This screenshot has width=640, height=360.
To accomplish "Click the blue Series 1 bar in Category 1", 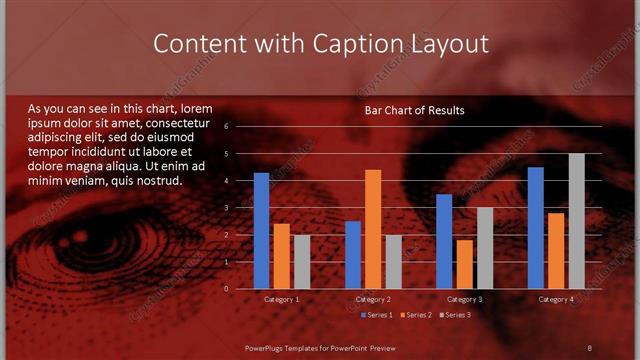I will [x=261, y=231].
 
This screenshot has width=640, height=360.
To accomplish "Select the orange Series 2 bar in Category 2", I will [x=373, y=229].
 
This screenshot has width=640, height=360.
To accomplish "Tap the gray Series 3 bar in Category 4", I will [x=577, y=221].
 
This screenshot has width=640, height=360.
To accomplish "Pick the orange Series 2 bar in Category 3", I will [x=465, y=264].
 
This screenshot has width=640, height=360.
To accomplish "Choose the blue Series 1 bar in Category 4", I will [x=536, y=228].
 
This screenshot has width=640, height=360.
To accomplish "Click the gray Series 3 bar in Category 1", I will [x=302, y=262].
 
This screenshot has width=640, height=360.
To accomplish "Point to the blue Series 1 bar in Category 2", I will [x=353, y=255].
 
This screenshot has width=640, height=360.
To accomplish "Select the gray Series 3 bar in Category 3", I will [x=485, y=248].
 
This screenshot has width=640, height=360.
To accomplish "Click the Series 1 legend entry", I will [x=376, y=315].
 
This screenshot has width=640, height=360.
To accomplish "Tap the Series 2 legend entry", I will [x=414, y=315].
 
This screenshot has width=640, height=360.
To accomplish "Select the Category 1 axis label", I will [x=281, y=299].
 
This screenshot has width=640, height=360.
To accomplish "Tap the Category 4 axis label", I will [x=556, y=299].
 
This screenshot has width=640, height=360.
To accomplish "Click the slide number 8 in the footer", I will [x=589, y=347].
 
